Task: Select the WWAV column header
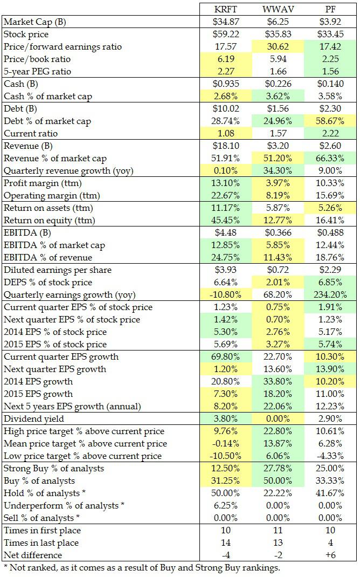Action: (x=278, y=9)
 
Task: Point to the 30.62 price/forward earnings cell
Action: (x=278, y=47)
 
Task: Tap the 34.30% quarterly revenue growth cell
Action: (x=278, y=171)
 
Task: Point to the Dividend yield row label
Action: (x=35, y=418)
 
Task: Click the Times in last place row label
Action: (x=41, y=542)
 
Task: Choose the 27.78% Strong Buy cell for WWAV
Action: (x=278, y=468)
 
